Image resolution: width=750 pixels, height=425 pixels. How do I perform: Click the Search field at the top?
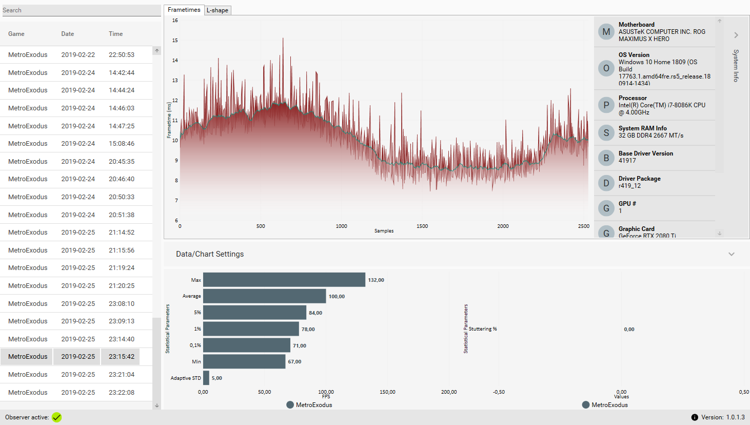point(81,10)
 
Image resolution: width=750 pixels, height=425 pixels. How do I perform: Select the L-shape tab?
point(218,10)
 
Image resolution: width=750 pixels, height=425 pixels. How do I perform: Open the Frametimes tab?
point(184,10)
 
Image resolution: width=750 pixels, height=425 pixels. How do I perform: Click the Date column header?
point(68,34)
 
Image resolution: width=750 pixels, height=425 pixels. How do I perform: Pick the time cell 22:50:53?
point(122,55)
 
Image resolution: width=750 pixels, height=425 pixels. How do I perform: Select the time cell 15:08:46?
point(122,144)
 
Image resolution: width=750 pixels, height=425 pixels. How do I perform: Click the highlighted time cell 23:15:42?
point(122,357)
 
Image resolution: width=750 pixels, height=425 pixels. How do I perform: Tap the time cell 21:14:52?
point(122,233)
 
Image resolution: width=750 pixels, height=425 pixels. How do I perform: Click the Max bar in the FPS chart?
point(284,280)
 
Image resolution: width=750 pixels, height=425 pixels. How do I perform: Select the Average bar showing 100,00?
point(264,296)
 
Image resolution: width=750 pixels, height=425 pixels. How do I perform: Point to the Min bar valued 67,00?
point(244,361)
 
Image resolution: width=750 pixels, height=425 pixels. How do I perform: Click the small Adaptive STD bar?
point(206,378)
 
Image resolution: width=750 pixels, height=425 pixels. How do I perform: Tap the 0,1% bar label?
point(195,345)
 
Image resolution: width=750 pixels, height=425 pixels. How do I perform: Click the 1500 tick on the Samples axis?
point(422,226)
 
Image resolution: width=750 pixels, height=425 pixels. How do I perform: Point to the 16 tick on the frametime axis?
point(175,21)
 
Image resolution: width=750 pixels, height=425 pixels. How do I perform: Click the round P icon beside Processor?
point(606,105)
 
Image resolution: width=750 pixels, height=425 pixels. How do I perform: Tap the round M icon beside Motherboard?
point(606,32)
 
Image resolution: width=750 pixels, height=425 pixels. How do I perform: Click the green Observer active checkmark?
point(56,417)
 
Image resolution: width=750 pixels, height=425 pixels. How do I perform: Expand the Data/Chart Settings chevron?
point(732,254)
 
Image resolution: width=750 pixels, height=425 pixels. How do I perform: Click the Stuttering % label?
point(483,329)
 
